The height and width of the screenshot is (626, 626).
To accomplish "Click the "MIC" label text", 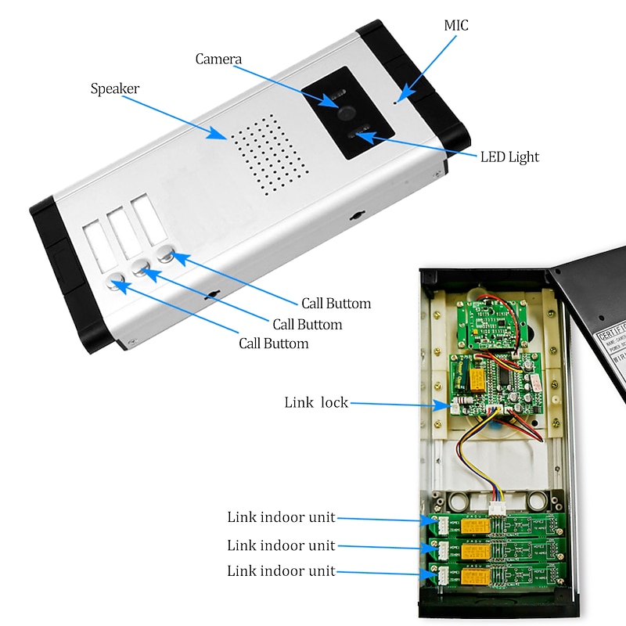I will (x=456, y=26).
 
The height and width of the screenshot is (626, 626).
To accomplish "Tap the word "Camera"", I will (x=218, y=59).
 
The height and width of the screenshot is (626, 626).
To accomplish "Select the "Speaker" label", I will (x=115, y=88).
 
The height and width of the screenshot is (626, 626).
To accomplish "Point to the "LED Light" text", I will (x=509, y=157).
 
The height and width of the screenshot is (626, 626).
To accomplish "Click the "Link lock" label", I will (x=315, y=403).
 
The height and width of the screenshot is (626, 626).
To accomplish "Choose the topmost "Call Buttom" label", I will (x=336, y=304).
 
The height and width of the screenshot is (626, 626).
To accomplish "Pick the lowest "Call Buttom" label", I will (x=273, y=344).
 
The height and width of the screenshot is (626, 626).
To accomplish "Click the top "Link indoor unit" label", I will (x=281, y=517).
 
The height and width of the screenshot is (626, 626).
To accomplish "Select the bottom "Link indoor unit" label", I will (x=281, y=571).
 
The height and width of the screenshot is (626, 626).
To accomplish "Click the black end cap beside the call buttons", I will (x=59, y=258).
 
